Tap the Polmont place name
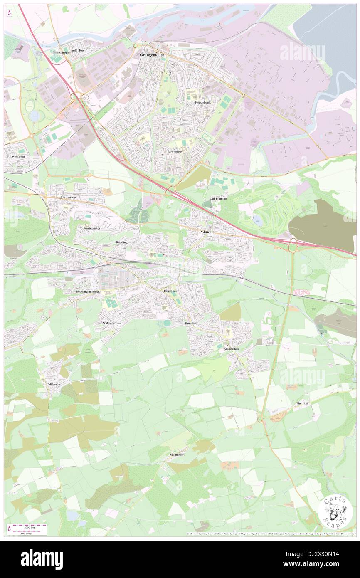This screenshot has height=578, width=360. [x=207, y=232]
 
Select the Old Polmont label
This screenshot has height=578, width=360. [x=218, y=199]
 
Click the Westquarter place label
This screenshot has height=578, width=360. [x=92, y=228]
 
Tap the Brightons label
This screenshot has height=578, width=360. [x=170, y=291]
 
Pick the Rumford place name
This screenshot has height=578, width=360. [x=191, y=323]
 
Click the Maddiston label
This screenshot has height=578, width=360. [x=232, y=349]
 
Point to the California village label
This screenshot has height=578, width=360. [x=53, y=384]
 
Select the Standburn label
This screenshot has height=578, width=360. [x=177, y=455]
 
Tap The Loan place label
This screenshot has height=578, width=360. [x=303, y=403]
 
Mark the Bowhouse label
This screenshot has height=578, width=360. [x=175, y=152]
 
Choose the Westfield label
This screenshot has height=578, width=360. [x=18, y=156]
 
